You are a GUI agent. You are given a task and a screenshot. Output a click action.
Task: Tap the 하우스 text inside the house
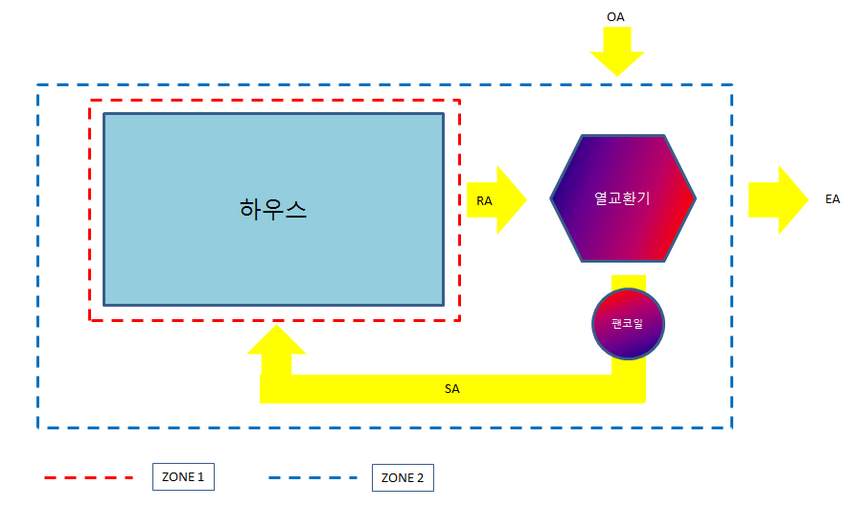point(273,208)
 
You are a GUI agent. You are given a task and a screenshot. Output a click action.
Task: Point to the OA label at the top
point(616,16)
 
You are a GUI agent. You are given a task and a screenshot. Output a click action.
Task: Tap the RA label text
point(485,200)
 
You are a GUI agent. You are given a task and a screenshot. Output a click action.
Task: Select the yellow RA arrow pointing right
point(508,199)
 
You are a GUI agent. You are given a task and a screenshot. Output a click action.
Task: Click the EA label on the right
point(832,199)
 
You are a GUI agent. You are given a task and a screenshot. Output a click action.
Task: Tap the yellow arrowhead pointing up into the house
point(277,343)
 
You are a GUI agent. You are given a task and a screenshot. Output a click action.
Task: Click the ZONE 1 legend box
point(183,476)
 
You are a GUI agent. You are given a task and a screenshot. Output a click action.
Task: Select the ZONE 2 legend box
point(403,476)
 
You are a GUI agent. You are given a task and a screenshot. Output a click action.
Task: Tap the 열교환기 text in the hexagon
point(622,198)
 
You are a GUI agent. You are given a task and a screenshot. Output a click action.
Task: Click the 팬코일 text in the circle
point(628,323)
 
